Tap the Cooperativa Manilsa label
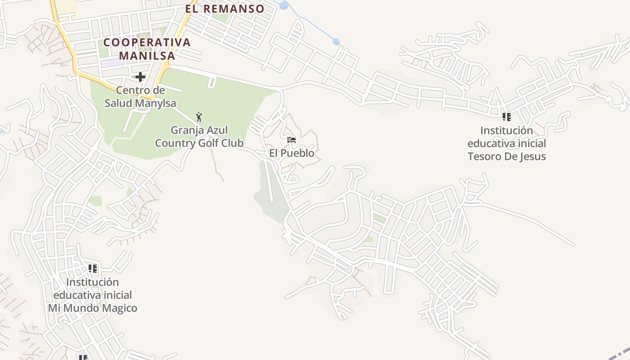(147, 49)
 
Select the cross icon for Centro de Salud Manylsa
(140, 77)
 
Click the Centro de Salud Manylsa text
(140, 97)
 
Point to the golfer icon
(199, 117)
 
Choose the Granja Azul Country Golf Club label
(199, 137)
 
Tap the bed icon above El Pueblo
(292, 140)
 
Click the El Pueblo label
(292, 153)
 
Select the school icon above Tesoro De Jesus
(507, 117)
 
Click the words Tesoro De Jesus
(507, 157)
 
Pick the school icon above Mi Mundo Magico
(93, 269)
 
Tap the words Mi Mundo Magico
(93, 308)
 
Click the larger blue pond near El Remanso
(283, 5)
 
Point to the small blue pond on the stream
(336, 42)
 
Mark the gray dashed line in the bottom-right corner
(620, 353)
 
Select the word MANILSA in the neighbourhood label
(147, 56)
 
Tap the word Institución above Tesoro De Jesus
(507, 130)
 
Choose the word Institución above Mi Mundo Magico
(93, 282)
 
